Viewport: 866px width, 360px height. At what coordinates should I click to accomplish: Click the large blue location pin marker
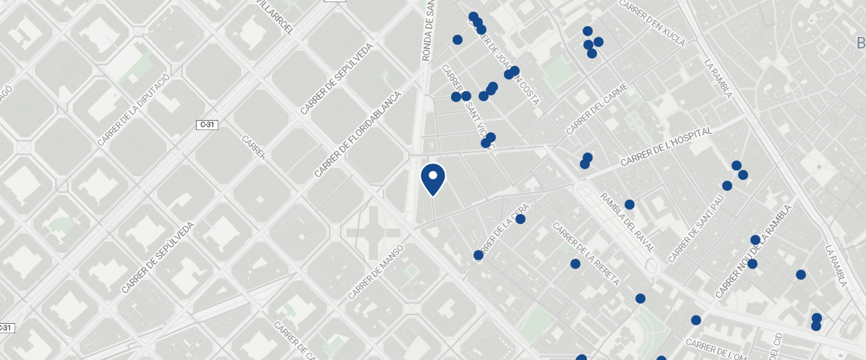pyautogui.click(x=433, y=178)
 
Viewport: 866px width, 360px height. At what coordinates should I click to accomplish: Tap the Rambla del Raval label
pyautogui.click(x=627, y=222)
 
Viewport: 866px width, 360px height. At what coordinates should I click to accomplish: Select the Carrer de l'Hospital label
pyautogui.click(x=666, y=145)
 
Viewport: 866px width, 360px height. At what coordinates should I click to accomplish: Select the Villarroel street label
pyautogui.click(x=275, y=17)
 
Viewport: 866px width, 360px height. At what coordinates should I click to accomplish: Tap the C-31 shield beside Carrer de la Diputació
pyautogui.click(x=207, y=125)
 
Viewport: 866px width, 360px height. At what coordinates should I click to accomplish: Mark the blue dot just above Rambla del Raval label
pyautogui.click(x=630, y=205)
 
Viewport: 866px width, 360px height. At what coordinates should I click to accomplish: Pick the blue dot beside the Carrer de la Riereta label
pyautogui.click(x=575, y=264)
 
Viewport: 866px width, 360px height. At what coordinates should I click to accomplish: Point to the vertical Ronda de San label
pyautogui.click(x=428, y=30)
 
